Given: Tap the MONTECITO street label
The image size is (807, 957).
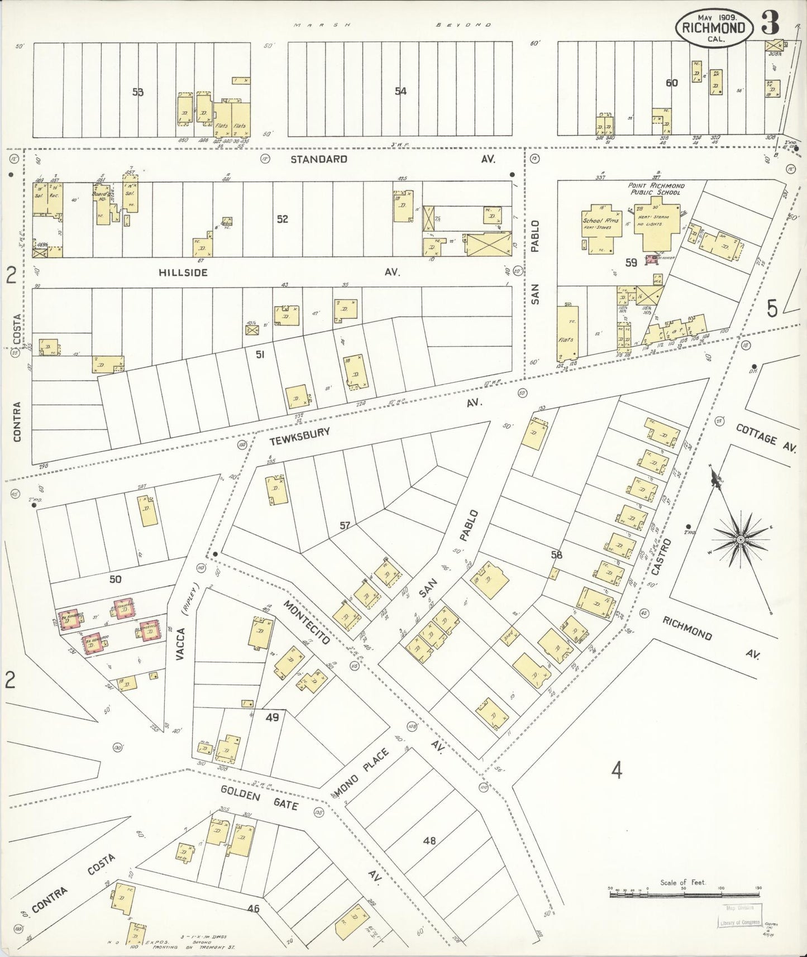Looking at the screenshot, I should click(x=306, y=622).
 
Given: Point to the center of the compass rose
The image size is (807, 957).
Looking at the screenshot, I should click(x=740, y=539).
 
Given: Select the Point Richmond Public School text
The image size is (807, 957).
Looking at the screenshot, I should click(x=656, y=189).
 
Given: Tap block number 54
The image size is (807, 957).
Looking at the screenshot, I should click(x=400, y=91).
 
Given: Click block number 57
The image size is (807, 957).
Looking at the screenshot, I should click(x=345, y=525).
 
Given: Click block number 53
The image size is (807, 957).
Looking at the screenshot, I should click(x=137, y=92).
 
